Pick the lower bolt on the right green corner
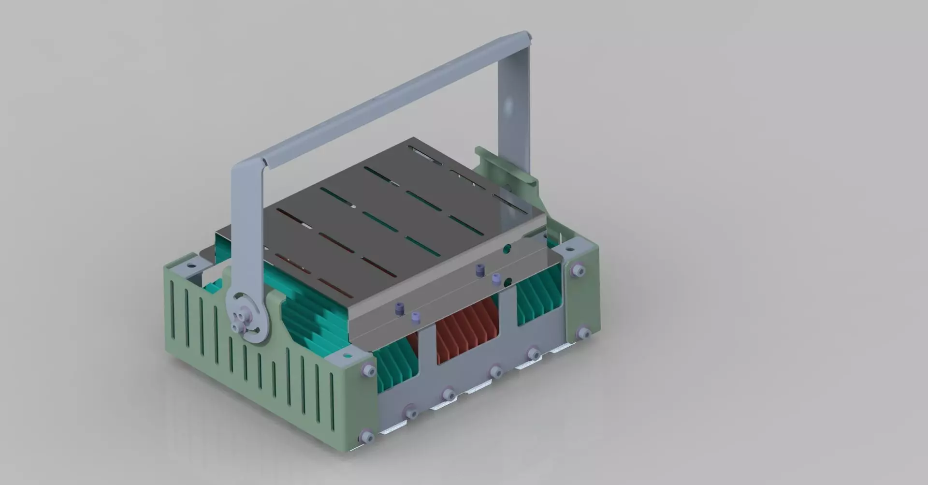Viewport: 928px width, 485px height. click(x=583, y=333)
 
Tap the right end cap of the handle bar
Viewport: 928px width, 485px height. click(x=528, y=36)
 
